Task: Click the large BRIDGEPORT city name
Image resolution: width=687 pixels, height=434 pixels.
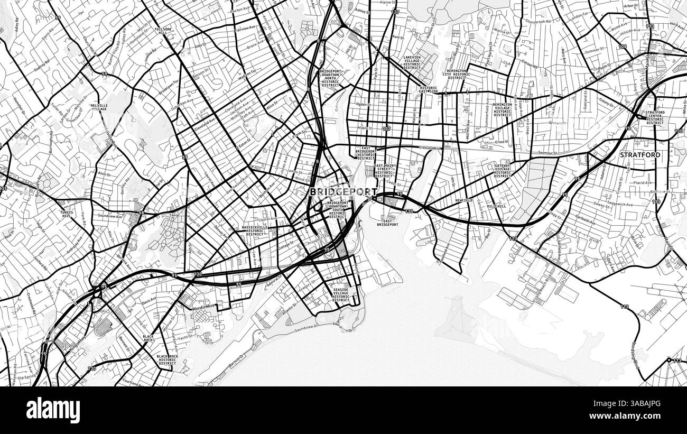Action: (x=343, y=192)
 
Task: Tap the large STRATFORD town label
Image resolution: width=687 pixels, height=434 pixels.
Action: (x=640, y=155)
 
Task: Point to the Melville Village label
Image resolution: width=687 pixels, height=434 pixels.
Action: (x=99, y=107)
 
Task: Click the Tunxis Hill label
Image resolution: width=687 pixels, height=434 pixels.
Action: (x=67, y=214)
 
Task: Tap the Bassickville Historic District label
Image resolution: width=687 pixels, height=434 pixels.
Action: (x=254, y=230)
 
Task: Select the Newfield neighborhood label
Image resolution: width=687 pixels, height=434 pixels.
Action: (x=463, y=201)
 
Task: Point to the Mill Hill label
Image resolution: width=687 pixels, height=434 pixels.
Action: (x=496, y=206)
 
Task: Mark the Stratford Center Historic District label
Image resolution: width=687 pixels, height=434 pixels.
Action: (x=655, y=117)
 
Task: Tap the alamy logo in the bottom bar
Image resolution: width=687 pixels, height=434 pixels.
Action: (x=53, y=410)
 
